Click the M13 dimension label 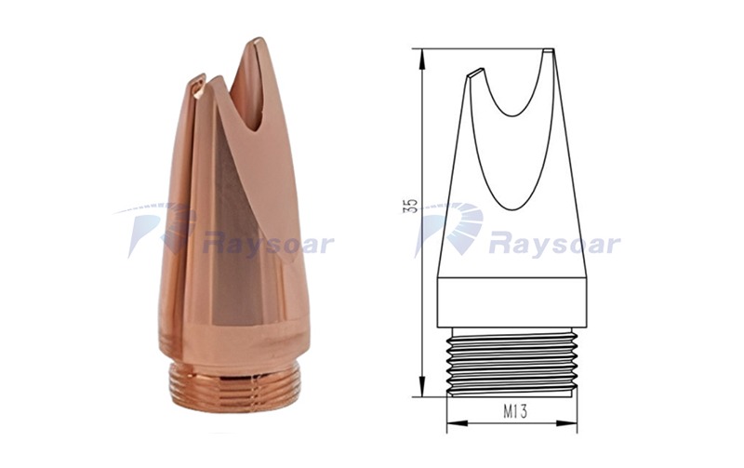[x=515, y=411]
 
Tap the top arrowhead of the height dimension [x=421, y=54]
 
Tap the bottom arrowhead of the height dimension [x=421, y=389]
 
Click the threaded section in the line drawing [x=512, y=361]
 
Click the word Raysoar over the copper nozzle [x=268, y=246]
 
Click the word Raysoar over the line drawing [x=555, y=246]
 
